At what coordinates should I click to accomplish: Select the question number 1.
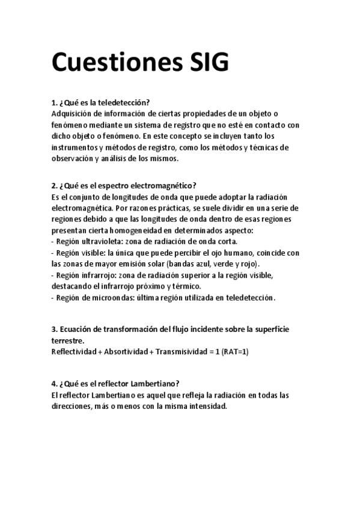point(55,102)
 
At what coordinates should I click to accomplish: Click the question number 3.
point(55,329)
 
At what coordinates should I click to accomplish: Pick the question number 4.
point(55,384)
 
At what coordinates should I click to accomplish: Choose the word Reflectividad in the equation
point(73,351)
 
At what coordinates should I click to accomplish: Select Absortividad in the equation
point(127,351)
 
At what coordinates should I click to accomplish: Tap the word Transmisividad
point(181,351)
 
